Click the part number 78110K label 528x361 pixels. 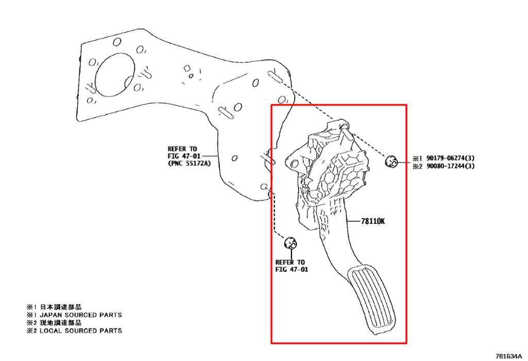click(373, 221)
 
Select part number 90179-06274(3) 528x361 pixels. click(451, 158)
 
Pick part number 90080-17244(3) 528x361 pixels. click(451, 166)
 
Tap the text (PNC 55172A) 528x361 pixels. click(189, 163)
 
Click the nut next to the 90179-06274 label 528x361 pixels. click(391, 161)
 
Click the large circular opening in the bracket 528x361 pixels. click(115, 74)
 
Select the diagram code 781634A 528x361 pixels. click(509, 356)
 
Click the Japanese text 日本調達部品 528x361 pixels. click(61, 307)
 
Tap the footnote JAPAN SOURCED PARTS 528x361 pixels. click(81, 315)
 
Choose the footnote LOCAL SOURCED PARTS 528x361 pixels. click(81, 331)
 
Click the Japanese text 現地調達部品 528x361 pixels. click(61, 323)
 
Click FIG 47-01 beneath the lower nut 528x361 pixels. click(292, 269)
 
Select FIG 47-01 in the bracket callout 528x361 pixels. click(184, 156)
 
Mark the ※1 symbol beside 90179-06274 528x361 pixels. click(418, 158)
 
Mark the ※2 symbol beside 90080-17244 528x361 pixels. click(418, 166)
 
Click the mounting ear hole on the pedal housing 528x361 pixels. click(293, 164)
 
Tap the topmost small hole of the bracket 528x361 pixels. click(117, 42)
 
